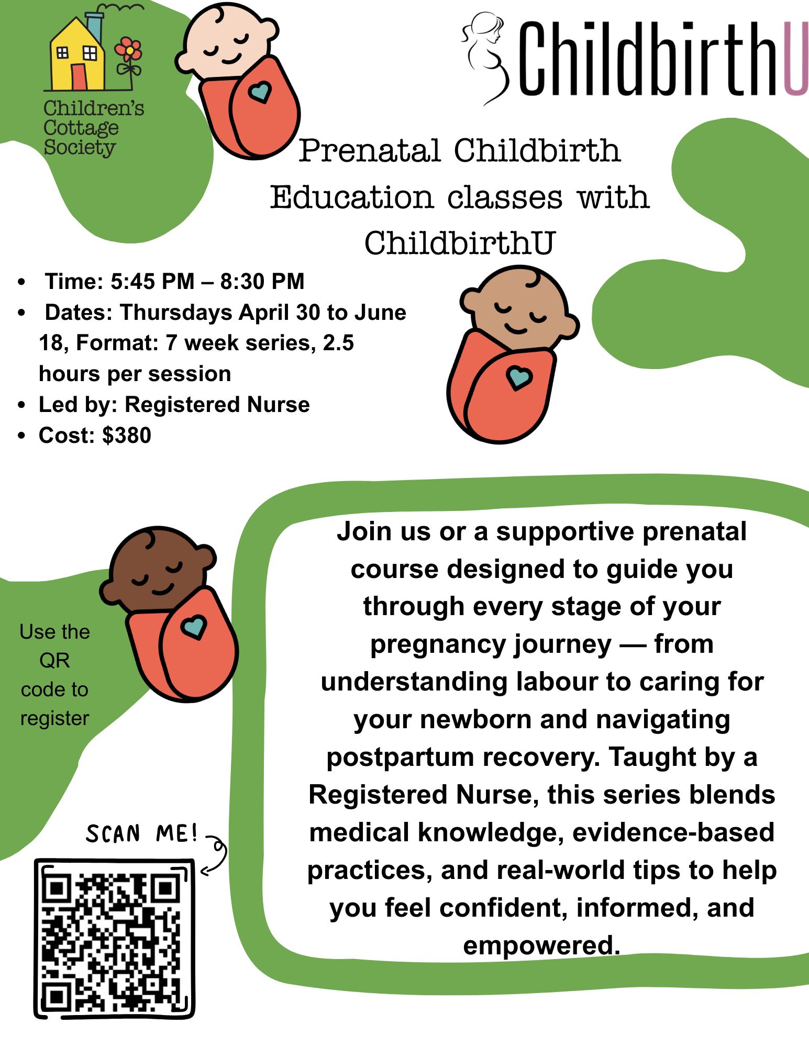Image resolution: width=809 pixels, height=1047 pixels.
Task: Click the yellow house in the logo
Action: tap(77, 55)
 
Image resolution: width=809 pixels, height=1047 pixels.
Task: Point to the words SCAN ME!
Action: tap(142, 833)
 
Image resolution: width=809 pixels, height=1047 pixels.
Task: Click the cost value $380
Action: tap(127, 436)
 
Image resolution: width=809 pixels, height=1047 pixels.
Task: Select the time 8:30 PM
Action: tap(262, 282)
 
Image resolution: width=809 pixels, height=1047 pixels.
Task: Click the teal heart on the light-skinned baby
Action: tap(260, 92)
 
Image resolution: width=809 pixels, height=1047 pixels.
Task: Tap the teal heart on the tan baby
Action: tap(519, 377)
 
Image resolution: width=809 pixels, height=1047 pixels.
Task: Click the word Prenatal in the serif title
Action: tap(370, 151)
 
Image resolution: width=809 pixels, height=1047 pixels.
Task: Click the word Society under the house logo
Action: tap(79, 148)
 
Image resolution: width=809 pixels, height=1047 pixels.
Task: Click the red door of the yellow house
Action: tap(79, 76)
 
